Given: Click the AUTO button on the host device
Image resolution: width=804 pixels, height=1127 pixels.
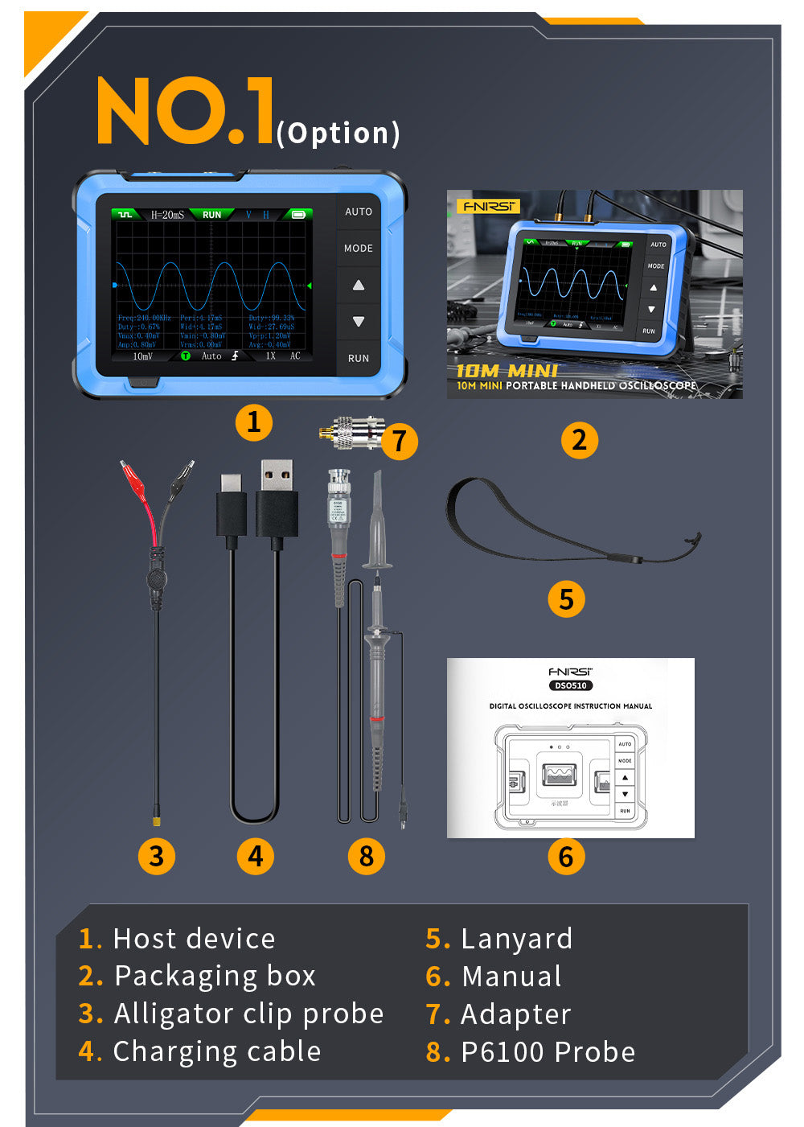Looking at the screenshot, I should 359,212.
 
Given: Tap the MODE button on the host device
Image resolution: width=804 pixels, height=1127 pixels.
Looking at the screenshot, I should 359,249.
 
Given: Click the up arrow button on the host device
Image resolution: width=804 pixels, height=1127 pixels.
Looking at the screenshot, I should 359,285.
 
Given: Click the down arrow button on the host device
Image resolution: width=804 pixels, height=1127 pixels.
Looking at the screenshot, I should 359,322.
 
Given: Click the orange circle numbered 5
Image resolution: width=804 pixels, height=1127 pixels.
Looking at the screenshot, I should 566,599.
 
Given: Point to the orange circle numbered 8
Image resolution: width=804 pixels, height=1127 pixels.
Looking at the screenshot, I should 367,856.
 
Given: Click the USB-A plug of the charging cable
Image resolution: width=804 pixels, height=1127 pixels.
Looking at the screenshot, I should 277,499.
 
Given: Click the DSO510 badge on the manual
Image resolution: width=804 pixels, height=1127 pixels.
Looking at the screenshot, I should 570,685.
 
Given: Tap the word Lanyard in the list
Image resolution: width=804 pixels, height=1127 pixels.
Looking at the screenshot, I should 516,939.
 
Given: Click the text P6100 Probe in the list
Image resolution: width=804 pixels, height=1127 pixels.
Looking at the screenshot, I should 548,1052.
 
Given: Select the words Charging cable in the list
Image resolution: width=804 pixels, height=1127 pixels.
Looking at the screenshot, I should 217,1052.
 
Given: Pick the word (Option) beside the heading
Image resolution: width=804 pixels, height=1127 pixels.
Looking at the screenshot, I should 338,133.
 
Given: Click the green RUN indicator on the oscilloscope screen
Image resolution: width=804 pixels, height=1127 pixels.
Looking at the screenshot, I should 211,215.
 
